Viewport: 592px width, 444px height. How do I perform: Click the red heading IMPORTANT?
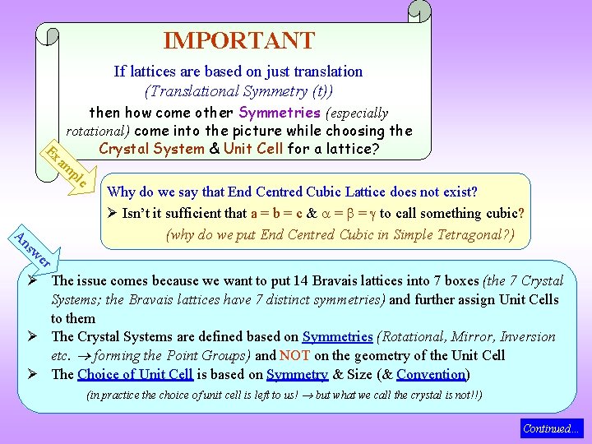[238, 40]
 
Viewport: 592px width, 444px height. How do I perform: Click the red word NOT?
[294, 355]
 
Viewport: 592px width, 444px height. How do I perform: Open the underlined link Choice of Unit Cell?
[135, 374]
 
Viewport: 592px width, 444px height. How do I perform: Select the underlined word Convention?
[431, 374]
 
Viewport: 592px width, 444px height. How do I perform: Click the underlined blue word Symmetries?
[337, 336]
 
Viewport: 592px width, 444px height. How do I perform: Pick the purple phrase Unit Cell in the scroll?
[252, 149]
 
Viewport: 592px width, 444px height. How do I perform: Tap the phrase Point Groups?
[213, 355]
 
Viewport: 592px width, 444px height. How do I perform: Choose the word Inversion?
[526, 336]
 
